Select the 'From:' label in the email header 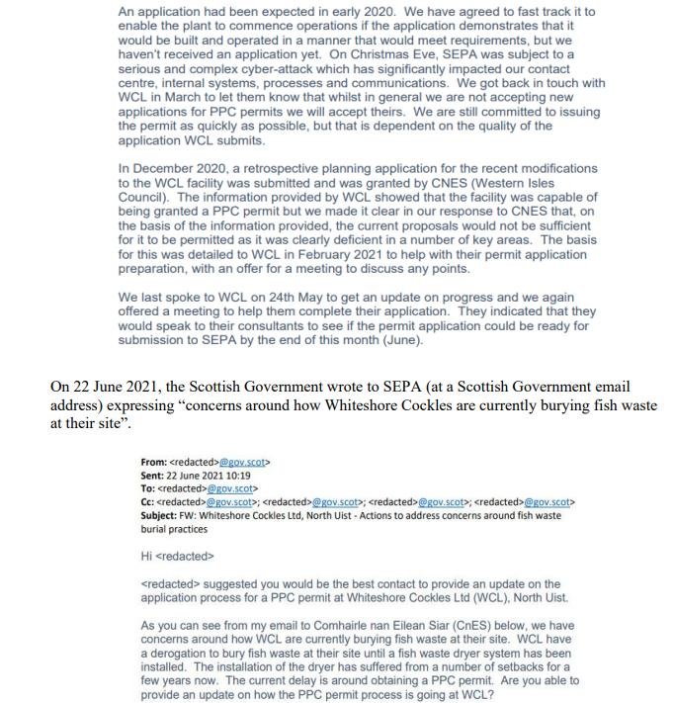tap(155, 461)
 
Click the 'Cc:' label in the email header tap(151, 502)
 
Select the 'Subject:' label tap(163, 516)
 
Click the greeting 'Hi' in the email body tap(147, 556)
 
